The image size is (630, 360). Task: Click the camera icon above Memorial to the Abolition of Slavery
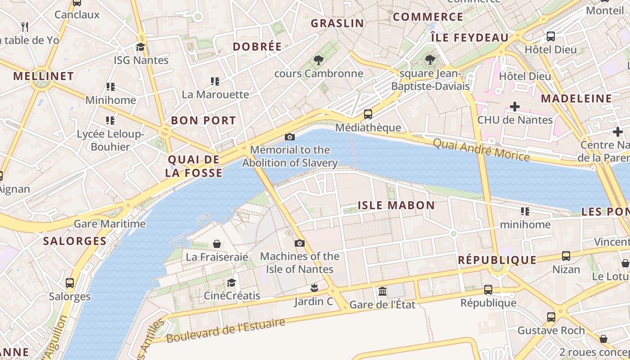[x=290, y=137]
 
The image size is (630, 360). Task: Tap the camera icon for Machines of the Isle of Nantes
[x=299, y=243]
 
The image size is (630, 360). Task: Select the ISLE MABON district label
[x=396, y=206]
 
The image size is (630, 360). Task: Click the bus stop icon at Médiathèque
[x=368, y=114]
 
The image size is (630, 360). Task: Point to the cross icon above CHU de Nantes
[x=514, y=107]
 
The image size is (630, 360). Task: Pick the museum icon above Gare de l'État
[x=382, y=292]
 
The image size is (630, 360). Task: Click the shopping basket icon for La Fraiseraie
[x=217, y=244]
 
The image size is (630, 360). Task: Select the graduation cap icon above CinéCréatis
[x=232, y=283]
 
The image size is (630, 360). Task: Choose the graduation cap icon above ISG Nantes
[x=141, y=47]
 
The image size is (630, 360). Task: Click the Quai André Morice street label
[x=481, y=150]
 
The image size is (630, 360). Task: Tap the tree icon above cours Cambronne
[x=319, y=60]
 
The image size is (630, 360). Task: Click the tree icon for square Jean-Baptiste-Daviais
[x=430, y=59]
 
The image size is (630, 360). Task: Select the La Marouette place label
[x=215, y=94]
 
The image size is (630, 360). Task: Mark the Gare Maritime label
[x=109, y=224]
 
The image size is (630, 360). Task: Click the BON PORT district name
[x=203, y=121]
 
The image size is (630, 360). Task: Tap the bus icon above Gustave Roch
[x=551, y=317]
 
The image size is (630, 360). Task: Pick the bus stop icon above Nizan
[x=566, y=256]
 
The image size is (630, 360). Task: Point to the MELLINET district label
[x=43, y=76]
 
